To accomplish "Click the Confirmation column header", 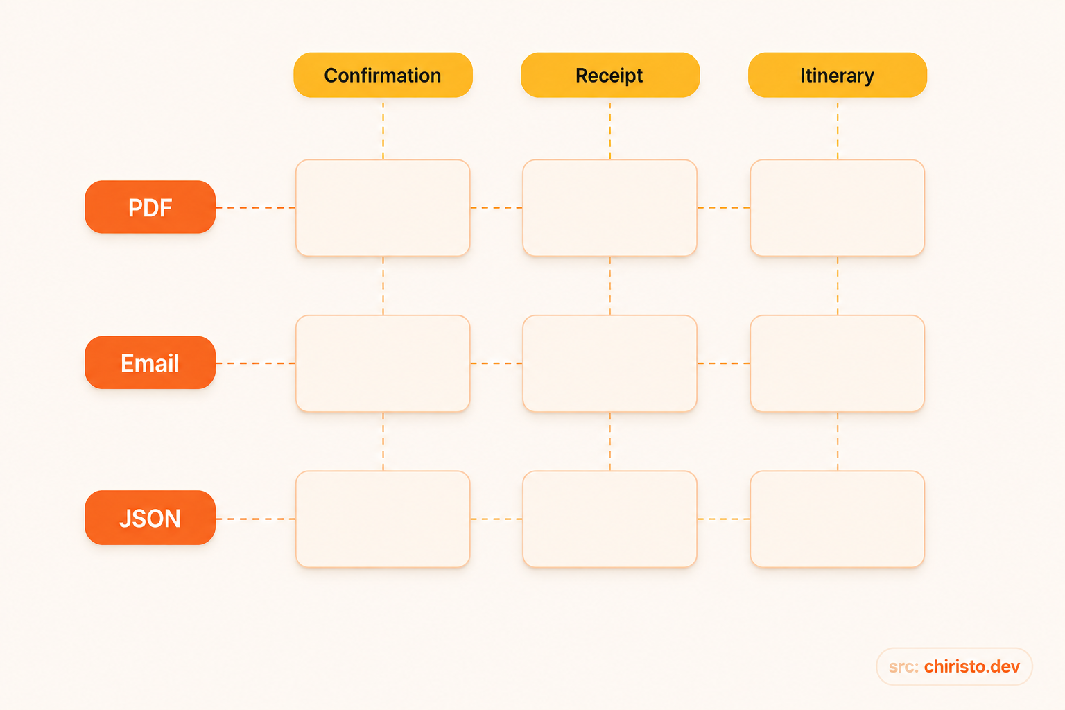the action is [383, 75].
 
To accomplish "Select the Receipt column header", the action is [610, 75].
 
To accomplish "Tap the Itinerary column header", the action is [838, 75].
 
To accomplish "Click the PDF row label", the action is [150, 207].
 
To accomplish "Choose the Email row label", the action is [150, 363].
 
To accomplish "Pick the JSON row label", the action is [150, 517].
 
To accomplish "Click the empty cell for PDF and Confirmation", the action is [383, 208].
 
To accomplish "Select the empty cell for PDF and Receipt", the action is [610, 208].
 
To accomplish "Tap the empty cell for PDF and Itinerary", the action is [838, 208].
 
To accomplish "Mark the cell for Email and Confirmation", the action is [383, 363].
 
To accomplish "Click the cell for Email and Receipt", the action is [610, 363].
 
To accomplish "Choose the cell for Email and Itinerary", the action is [838, 363].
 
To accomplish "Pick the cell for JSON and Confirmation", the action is [383, 519].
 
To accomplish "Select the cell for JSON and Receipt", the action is [610, 519].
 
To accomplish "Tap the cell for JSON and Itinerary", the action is [838, 519].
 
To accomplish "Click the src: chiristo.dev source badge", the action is [954, 666].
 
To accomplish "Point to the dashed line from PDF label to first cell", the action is [256, 208].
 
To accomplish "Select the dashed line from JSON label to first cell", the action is [256, 519].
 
